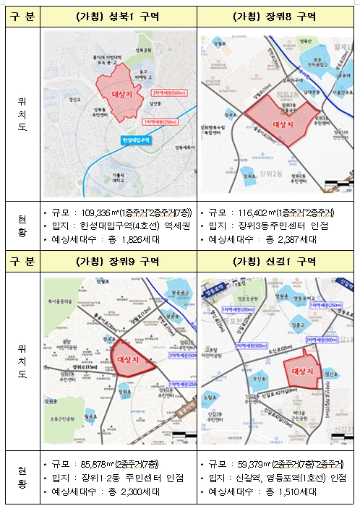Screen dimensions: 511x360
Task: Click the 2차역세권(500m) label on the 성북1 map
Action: point(169,93)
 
